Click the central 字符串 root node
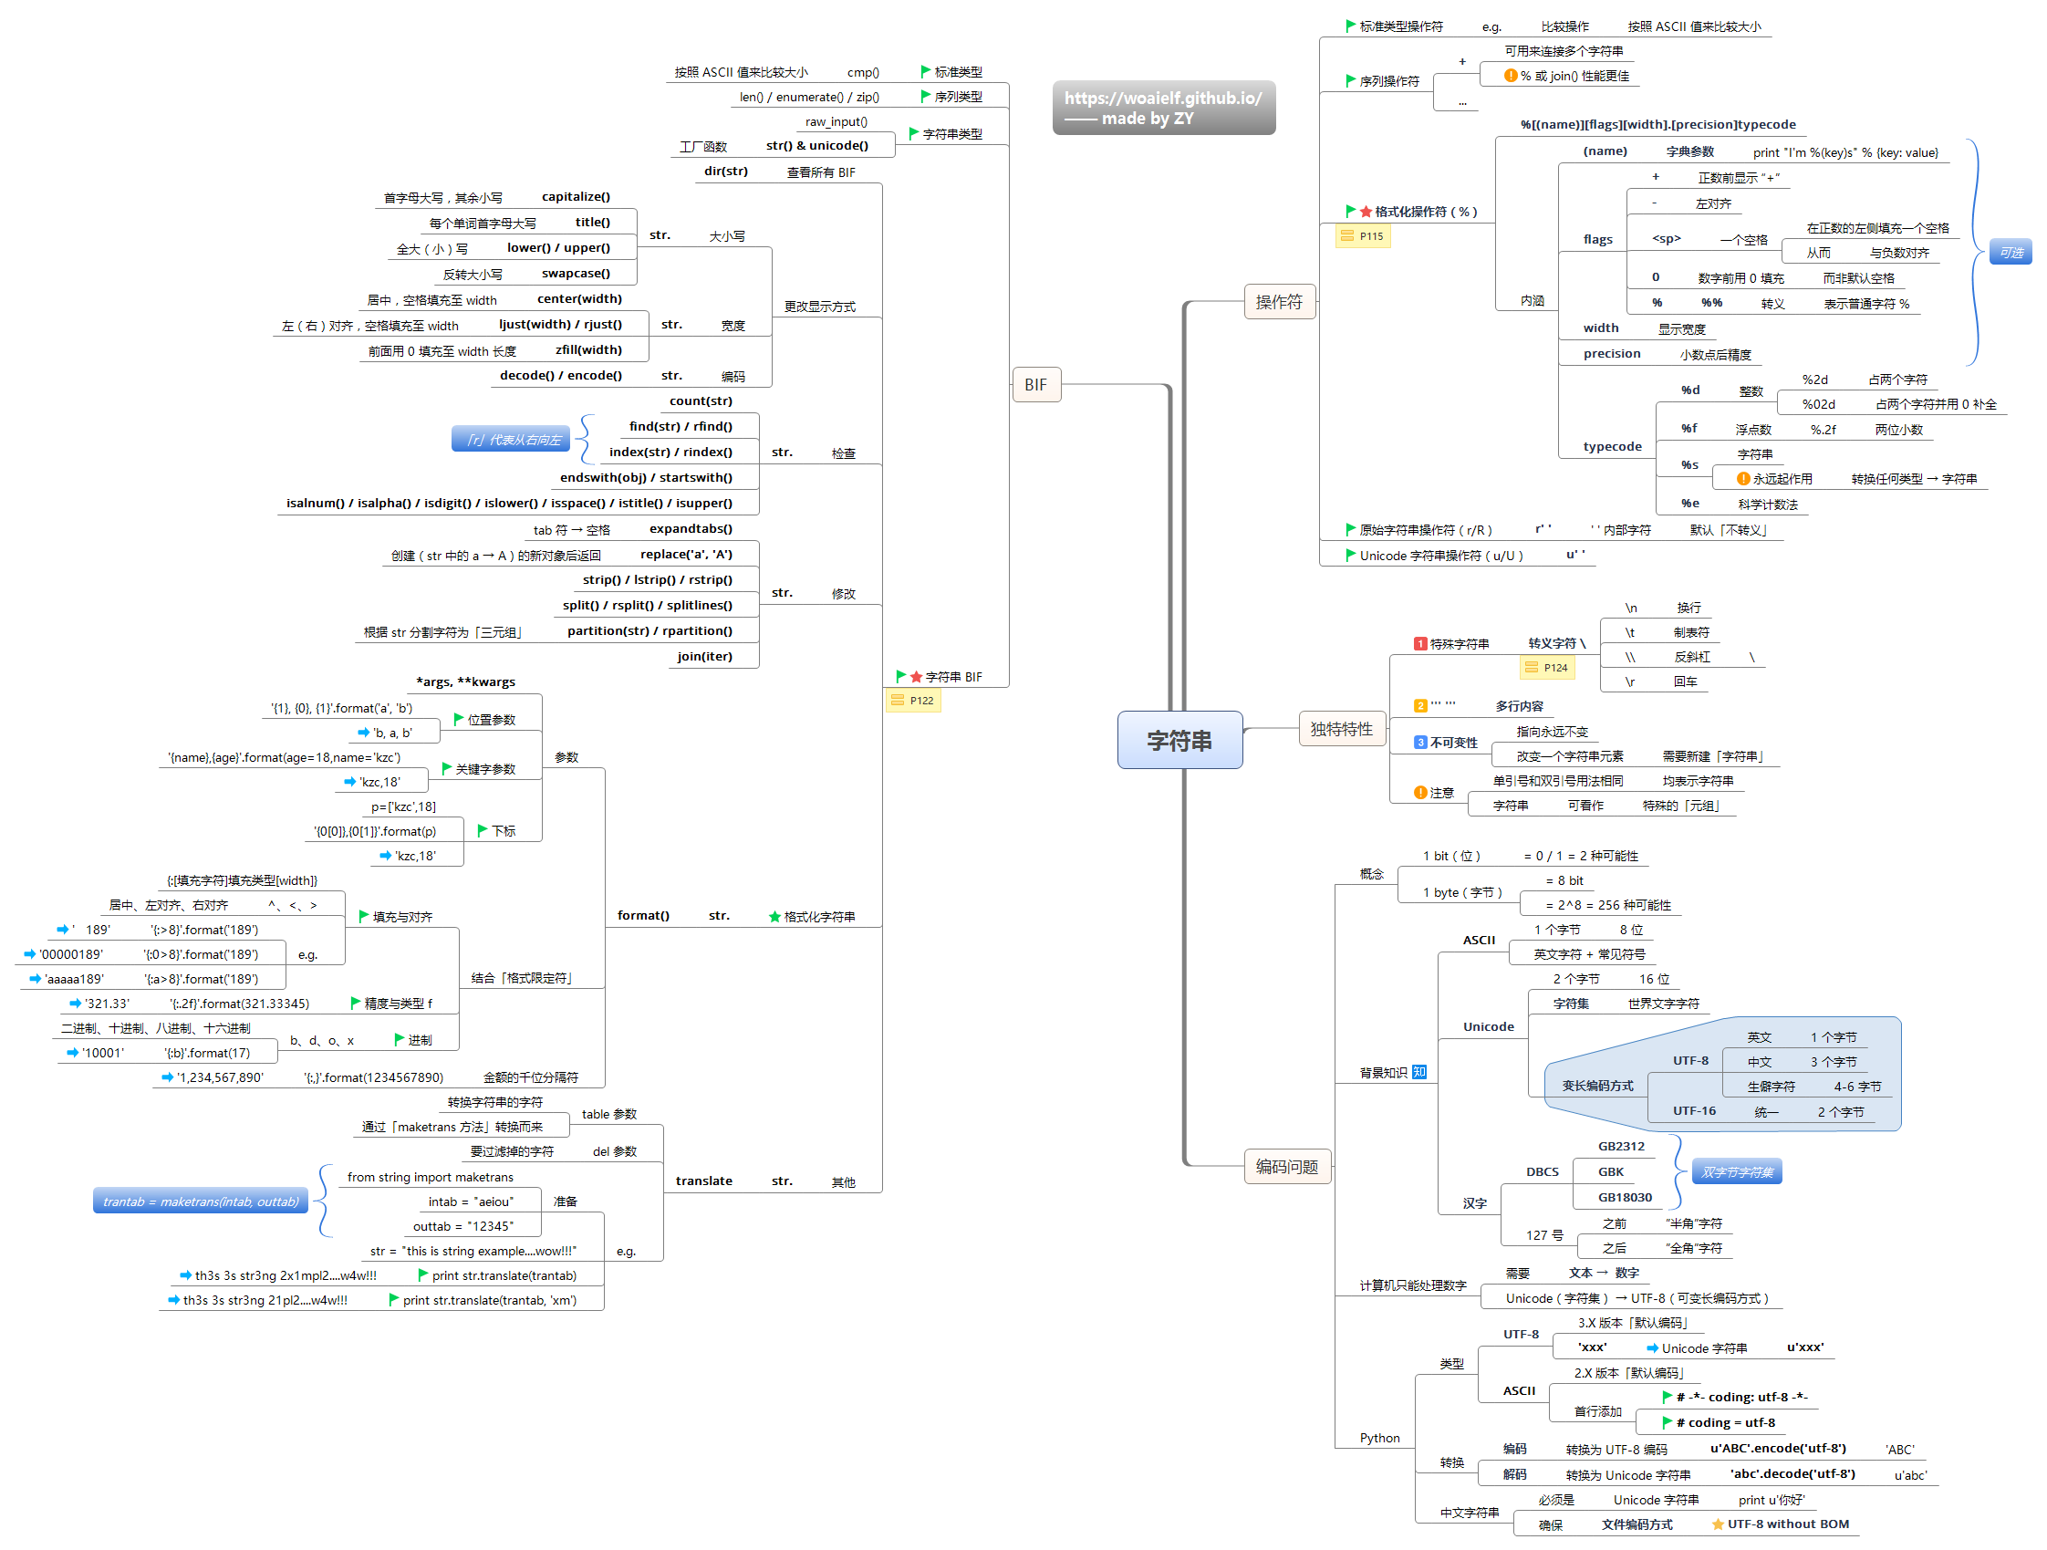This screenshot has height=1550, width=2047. [x=1179, y=740]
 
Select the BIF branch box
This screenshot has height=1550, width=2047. [x=1035, y=385]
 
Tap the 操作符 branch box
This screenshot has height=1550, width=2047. [x=1279, y=302]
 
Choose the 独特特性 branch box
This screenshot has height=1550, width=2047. [x=1341, y=729]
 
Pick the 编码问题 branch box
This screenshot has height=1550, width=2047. [x=1286, y=1167]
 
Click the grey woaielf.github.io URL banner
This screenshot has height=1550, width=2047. [x=1163, y=108]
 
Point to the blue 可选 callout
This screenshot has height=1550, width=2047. [x=2011, y=253]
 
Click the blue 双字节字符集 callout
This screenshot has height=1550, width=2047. [x=1737, y=1172]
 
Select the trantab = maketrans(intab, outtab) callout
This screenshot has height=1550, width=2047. [x=201, y=1202]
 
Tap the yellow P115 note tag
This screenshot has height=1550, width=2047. [x=1363, y=237]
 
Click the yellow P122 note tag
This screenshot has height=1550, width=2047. [x=913, y=701]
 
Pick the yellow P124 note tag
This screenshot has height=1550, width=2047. [x=1547, y=667]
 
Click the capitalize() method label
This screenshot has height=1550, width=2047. [x=576, y=197]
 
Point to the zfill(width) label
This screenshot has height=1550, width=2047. [x=588, y=349]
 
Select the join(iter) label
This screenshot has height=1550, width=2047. [x=704, y=656]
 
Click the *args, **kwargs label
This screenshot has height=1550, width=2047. [x=465, y=682]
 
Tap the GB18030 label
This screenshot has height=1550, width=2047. [x=1624, y=1198]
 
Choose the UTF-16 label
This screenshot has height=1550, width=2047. [x=1693, y=1110]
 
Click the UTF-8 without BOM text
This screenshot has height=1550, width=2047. [x=1788, y=1524]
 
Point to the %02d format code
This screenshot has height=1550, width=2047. [x=1818, y=404]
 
